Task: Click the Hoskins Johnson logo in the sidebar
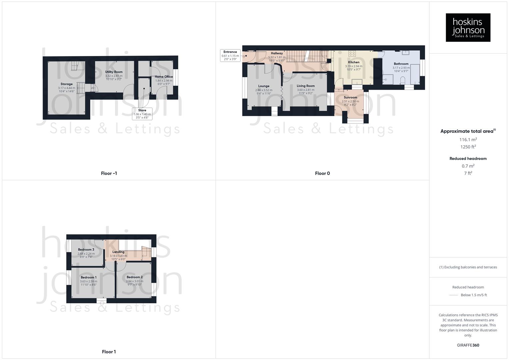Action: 468,28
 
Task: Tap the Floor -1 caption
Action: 109,173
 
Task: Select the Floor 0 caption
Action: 322,173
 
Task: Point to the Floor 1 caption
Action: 109,352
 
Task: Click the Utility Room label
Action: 114,72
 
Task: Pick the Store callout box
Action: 142,114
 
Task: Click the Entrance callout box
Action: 230,55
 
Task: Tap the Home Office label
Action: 164,77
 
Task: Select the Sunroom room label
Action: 350,97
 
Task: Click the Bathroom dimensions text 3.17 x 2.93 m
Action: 401,68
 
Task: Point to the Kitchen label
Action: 354,62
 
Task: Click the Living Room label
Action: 306,86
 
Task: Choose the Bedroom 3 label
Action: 86,250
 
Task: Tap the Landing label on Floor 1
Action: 118,252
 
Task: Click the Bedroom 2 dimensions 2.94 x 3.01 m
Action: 134,281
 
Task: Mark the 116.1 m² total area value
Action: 468,140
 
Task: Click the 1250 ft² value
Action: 468,147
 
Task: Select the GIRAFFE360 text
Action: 468,345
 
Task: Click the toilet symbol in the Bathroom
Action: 402,80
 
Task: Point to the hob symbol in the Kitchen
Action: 352,53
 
